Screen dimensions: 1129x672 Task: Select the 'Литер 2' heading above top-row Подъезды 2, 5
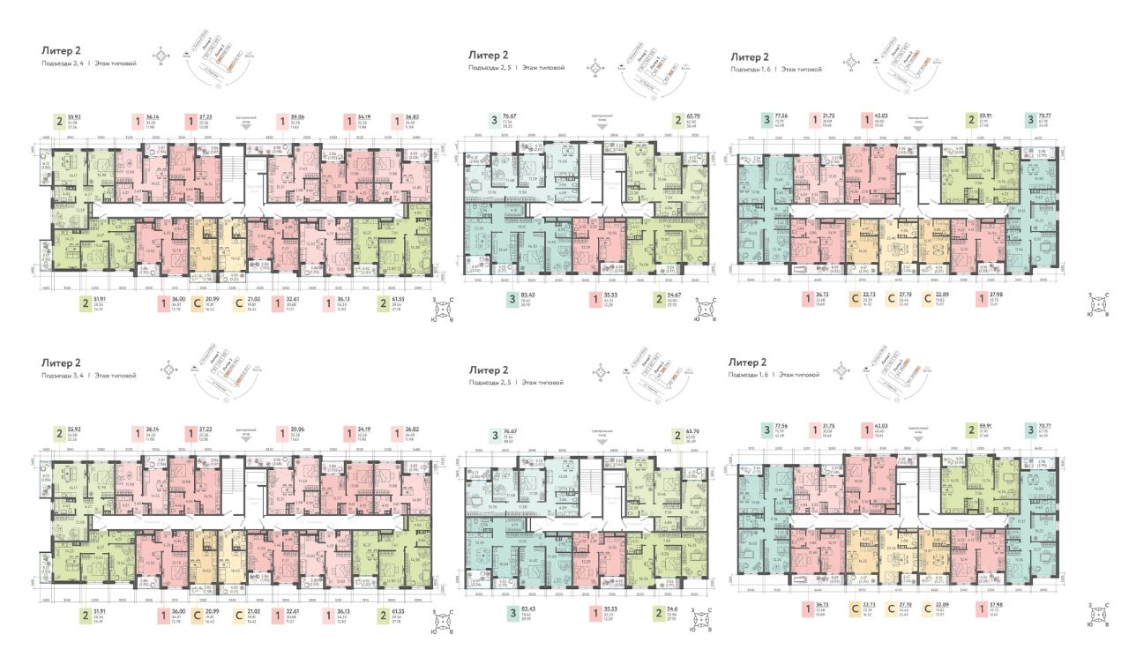pyautogui.click(x=489, y=56)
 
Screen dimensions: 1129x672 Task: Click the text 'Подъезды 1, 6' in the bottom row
pyautogui.click(x=751, y=375)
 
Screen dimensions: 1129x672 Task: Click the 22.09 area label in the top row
pyautogui.click(x=951, y=295)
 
